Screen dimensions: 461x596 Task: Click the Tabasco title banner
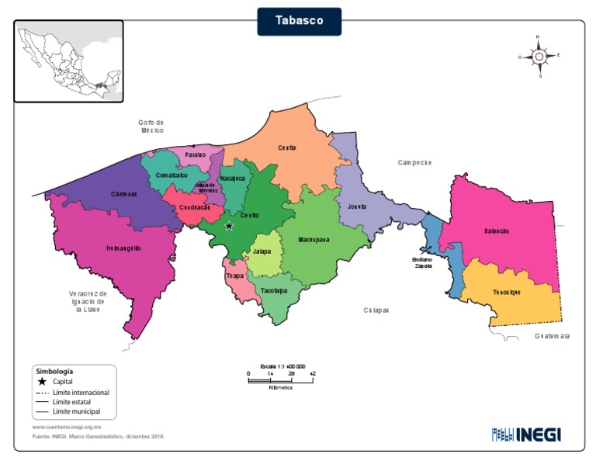[x=299, y=21]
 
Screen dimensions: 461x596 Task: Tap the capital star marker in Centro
[x=229, y=227]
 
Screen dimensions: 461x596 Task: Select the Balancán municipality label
[x=496, y=231]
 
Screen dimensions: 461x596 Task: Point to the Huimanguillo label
[x=123, y=248]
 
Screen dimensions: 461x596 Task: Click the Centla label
[x=287, y=147]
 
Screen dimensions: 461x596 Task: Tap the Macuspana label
[x=314, y=240]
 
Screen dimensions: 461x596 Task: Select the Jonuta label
[x=357, y=207]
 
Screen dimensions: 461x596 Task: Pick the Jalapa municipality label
[x=262, y=251]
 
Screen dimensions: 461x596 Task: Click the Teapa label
[x=234, y=276]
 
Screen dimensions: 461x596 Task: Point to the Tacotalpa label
[x=274, y=290]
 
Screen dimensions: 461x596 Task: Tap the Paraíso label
[x=196, y=155]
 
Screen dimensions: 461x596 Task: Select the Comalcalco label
[x=172, y=175]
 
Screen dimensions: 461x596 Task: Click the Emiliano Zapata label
[x=422, y=262]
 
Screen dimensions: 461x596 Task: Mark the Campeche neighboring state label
[x=414, y=162]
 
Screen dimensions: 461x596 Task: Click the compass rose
[x=539, y=56]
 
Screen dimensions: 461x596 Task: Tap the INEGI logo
[x=525, y=434]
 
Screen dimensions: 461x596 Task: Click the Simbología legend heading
[x=54, y=372]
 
